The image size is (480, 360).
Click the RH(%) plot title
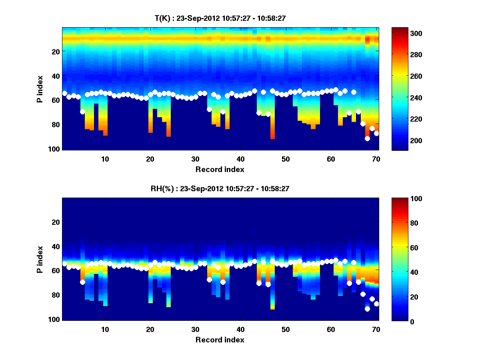point(217,189)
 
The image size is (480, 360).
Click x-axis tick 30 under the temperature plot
point(195,159)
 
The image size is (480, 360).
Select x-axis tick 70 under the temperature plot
point(376,159)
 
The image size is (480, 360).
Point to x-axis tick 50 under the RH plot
point(286,329)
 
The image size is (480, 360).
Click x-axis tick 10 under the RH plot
point(105,329)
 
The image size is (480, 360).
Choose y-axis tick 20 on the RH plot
point(56,222)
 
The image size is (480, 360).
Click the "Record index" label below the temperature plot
point(220,169)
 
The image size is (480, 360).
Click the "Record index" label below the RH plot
point(220,340)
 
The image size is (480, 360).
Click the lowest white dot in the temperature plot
point(367,138)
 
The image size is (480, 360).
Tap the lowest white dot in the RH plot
point(367,309)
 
